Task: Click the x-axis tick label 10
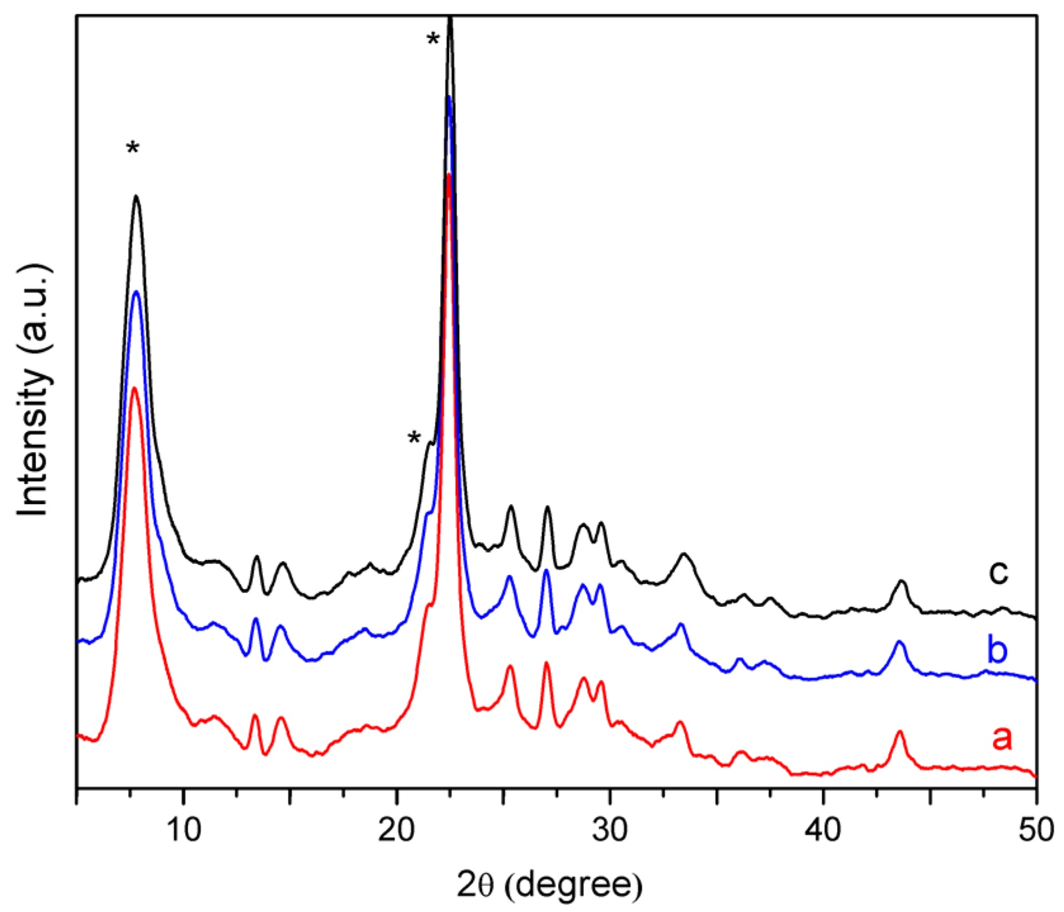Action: tap(183, 829)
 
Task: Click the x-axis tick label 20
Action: tap(396, 829)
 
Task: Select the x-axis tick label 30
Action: tap(609, 829)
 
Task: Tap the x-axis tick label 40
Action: tap(822, 829)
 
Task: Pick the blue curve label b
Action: tap(997, 650)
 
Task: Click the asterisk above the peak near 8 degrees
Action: tap(133, 150)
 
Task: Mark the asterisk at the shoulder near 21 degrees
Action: tap(414, 438)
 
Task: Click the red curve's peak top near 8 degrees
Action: tap(134, 388)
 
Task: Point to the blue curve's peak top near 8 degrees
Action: tap(135, 291)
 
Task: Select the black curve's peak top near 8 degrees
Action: tap(136, 196)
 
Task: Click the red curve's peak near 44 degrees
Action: tap(899, 731)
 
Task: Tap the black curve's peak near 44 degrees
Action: tap(902, 581)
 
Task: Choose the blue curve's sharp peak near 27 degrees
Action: tap(546, 571)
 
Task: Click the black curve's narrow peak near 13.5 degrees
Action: tap(256, 557)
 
